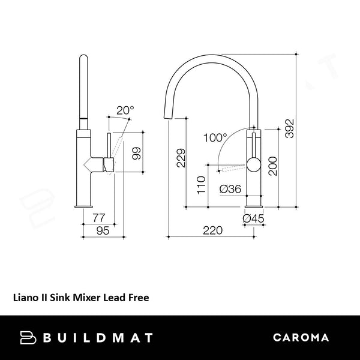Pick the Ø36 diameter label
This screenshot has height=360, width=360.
[x=230, y=189]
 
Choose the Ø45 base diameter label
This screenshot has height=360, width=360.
[x=254, y=219]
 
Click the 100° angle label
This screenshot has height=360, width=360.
[x=215, y=137]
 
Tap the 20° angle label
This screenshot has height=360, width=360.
[x=125, y=110]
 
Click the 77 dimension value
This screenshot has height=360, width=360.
[x=100, y=218]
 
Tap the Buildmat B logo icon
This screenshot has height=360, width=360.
[x=28, y=337]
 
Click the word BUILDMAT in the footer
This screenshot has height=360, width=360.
[x=98, y=337]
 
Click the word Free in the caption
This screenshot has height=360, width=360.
[x=137, y=296]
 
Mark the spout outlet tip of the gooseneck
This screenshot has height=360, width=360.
[x=168, y=113]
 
